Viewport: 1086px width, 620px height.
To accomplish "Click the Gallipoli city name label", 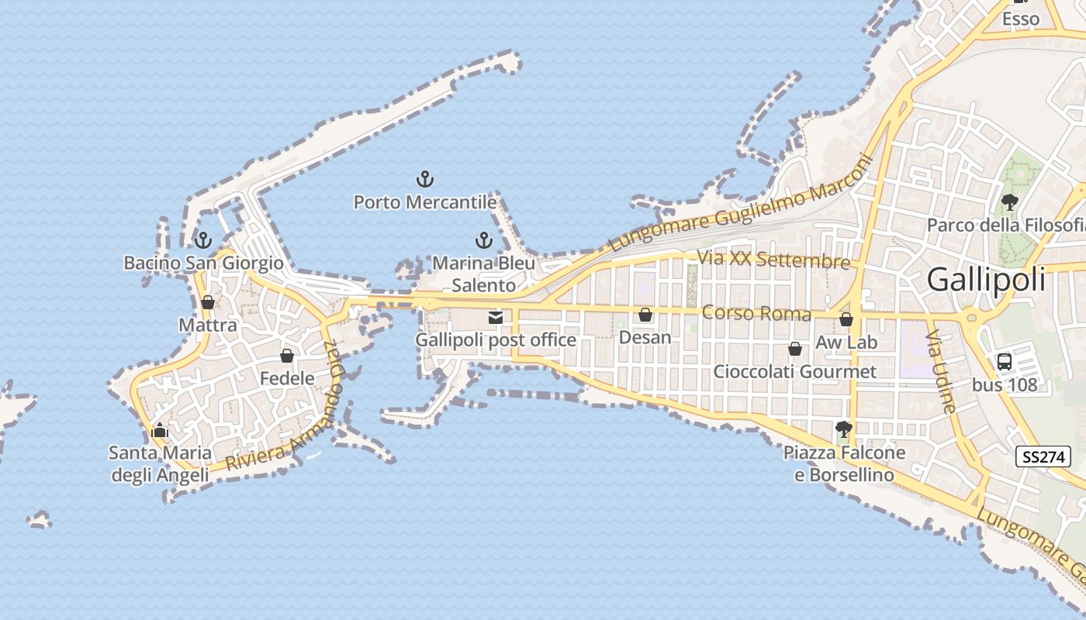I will [x=986, y=280].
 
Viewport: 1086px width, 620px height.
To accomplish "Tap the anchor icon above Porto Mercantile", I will [x=424, y=180].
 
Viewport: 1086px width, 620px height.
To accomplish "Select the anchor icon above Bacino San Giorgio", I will [x=203, y=240].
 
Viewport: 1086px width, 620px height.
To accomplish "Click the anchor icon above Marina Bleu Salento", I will [x=484, y=240].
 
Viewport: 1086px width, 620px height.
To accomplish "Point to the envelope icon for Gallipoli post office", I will [x=496, y=317].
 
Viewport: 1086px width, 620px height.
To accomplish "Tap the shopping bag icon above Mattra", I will [x=208, y=302].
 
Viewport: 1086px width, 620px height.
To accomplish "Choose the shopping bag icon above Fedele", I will [x=287, y=356].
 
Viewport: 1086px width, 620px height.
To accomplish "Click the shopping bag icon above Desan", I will [x=645, y=315].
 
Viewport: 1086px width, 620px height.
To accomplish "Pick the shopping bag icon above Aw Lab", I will [x=846, y=319].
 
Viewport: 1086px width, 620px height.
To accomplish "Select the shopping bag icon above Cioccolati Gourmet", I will [x=795, y=349].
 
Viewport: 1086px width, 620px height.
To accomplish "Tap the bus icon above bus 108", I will [x=1005, y=361].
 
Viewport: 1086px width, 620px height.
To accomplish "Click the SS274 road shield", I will [x=1043, y=457].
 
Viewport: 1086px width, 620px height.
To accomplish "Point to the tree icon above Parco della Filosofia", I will [x=1010, y=203].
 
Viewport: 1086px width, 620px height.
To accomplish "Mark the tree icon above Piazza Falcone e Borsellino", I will [x=844, y=429].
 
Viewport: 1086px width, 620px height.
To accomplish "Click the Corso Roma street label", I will [x=756, y=314].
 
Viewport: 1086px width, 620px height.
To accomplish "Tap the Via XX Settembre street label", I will [x=773, y=260].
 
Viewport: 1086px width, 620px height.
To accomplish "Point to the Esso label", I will [x=1021, y=19].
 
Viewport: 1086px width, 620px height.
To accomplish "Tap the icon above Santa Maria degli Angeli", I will [x=160, y=430].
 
